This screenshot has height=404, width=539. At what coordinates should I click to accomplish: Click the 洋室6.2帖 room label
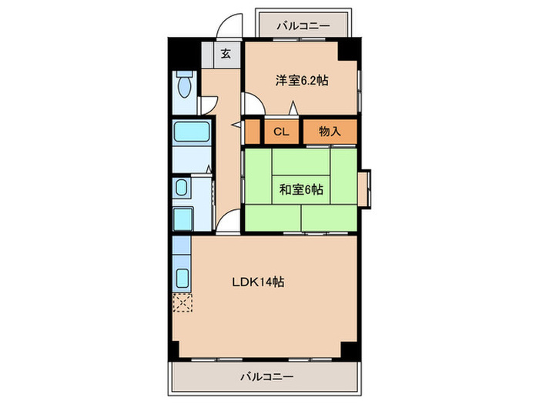[302, 80]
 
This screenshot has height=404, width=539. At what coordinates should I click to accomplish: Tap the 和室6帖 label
[300, 189]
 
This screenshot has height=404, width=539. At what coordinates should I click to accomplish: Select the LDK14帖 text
[259, 282]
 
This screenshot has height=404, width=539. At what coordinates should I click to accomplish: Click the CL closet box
[281, 132]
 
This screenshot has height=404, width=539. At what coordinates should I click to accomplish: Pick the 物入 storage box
[330, 132]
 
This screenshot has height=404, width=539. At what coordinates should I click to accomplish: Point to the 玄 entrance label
[226, 54]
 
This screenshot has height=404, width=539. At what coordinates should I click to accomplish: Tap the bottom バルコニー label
[266, 377]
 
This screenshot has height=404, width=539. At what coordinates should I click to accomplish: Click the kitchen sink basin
[183, 279]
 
